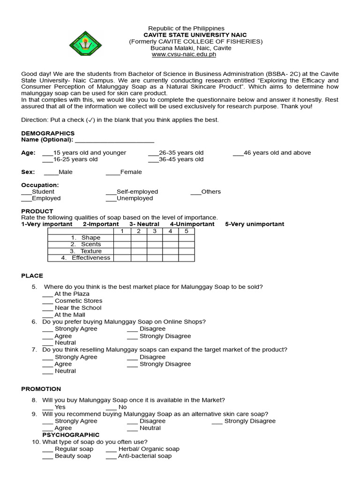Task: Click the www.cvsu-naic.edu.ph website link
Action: [184, 54]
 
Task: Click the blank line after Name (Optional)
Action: [114, 140]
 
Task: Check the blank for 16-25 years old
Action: [47, 159]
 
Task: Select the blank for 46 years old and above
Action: [238, 153]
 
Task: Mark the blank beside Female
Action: [113, 172]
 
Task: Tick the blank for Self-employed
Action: [111, 192]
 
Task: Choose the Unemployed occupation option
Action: [111, 198]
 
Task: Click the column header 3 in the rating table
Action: [154, 231]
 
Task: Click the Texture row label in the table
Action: [91, 251]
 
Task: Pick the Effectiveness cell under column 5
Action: [186, 258]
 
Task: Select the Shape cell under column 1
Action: [122, 238]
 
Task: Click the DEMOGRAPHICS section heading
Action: [48, 134]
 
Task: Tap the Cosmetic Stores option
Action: [48, 301]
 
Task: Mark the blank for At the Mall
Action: [48, 315]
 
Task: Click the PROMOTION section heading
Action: [41, 389]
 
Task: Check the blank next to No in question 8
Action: [111, 407]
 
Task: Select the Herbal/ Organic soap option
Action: [111, 449]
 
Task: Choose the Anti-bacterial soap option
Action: [111, 456]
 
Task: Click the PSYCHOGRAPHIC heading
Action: [71, 435]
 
